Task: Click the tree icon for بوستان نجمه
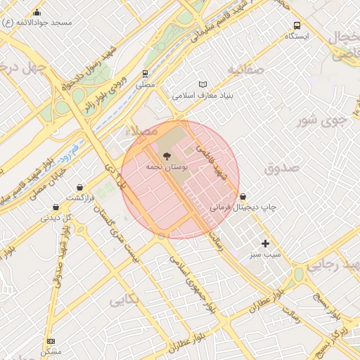[166, 156]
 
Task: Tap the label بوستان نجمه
[160, 167]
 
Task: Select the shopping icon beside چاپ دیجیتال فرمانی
[243, 197]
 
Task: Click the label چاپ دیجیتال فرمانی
[243, 208]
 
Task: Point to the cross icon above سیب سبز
[265, 243]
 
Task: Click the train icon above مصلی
[145, 73]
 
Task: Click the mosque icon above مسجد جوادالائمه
[37, 12]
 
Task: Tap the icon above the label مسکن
[50, 340]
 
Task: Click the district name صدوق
[282, 168]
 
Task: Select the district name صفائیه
[245, 70]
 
